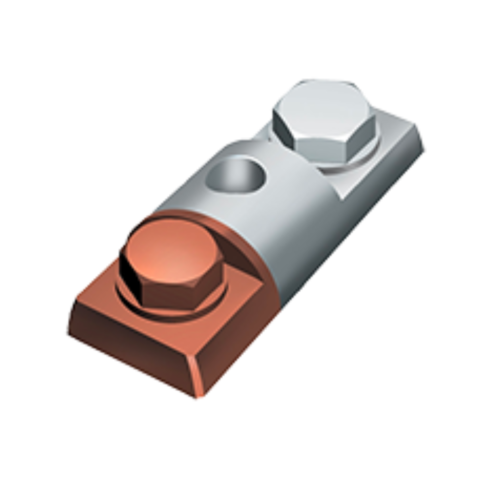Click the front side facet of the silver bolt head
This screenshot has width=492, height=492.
click(x=320, y=145)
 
